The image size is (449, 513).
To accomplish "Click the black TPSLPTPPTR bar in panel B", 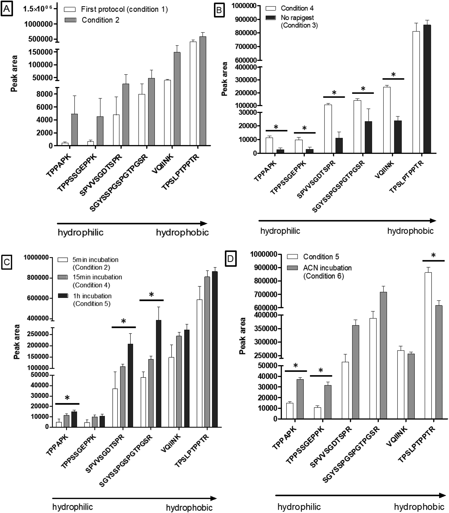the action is tap(427, 89).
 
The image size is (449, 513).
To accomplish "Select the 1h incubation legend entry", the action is tap(85, 300).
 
